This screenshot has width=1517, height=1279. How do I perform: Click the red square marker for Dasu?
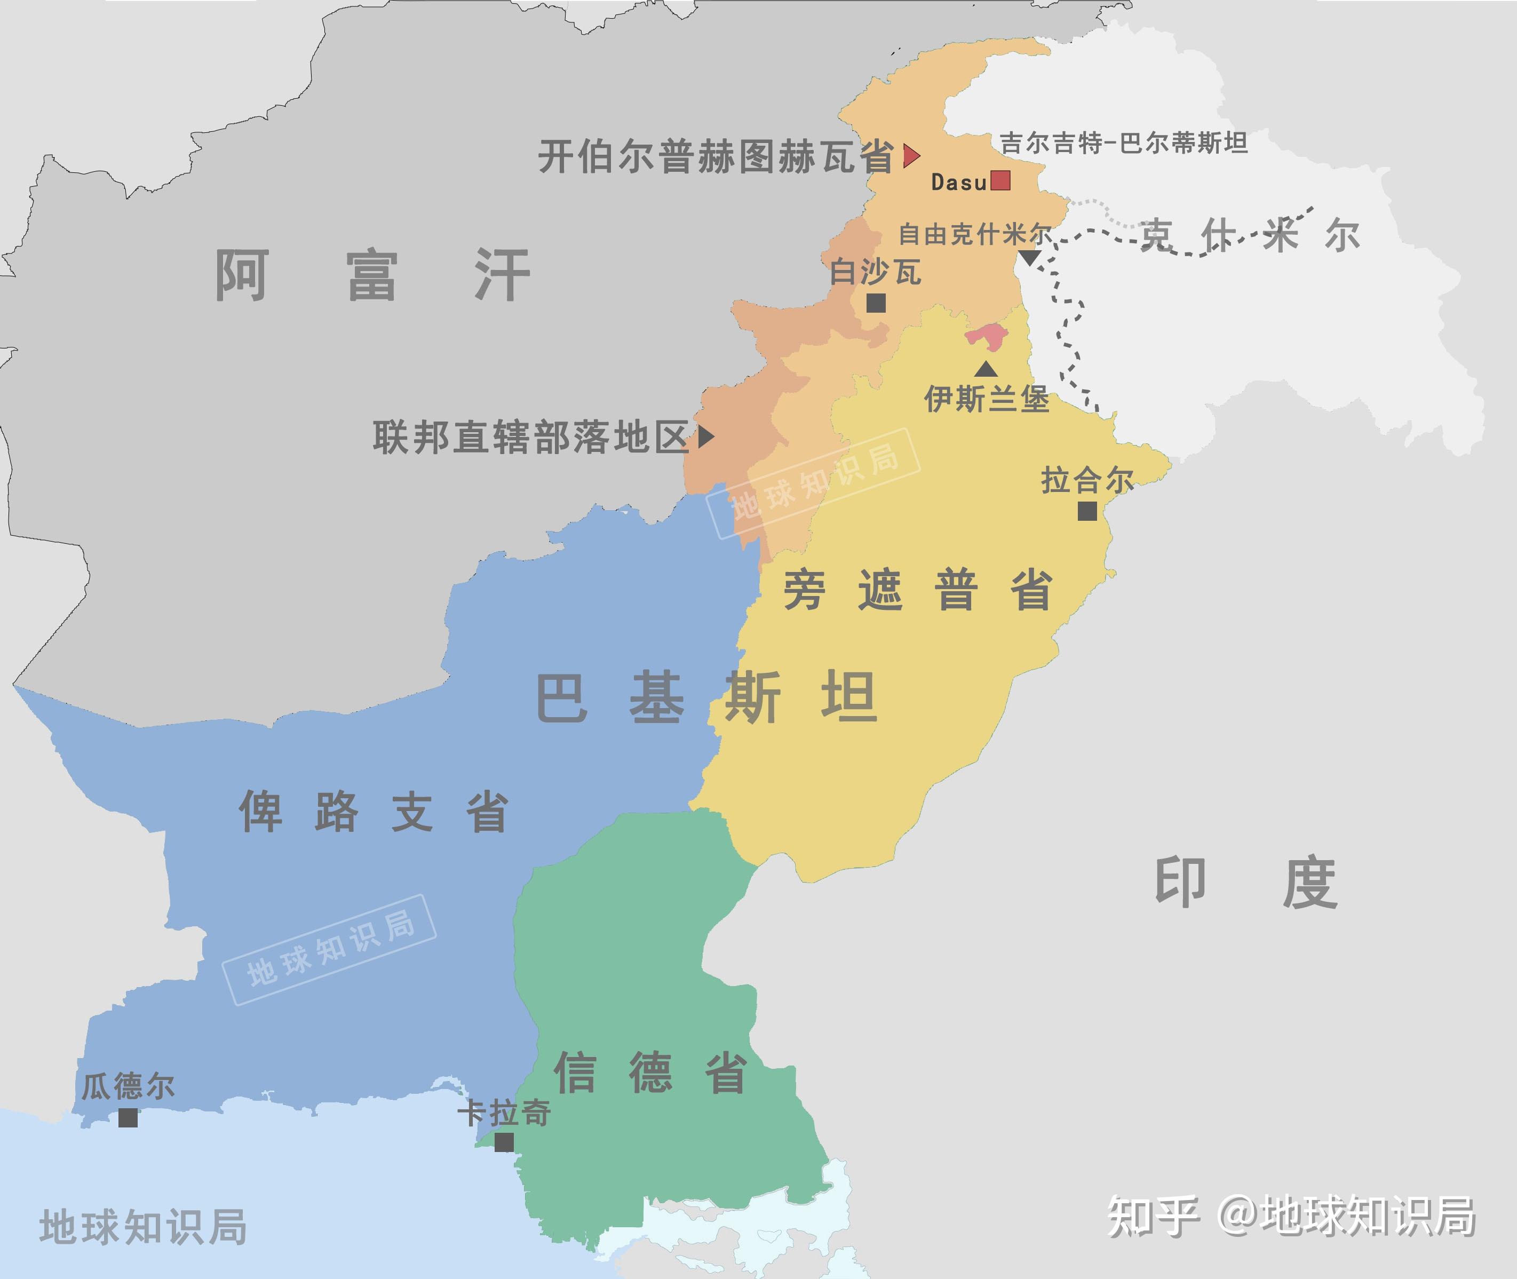click(1000, 180)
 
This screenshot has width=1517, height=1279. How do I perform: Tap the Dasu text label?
click(959, 182)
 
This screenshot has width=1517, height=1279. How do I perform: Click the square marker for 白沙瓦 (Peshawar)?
click(876, 303)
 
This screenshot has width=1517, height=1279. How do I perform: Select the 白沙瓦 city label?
click(875, 272)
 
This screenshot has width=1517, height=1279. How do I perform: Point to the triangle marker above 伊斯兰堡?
click(986, 369)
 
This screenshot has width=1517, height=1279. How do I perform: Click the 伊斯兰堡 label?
click(986, 399)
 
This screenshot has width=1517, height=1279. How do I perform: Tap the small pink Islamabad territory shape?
click(986, 337)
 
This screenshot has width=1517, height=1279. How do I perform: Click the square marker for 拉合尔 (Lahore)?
click(1087, 511)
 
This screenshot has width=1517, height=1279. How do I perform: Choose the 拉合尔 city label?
click(1087, 480)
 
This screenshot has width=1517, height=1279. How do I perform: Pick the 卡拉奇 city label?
click(504, 1113)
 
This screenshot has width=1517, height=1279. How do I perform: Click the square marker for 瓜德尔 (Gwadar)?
click(129, 1118)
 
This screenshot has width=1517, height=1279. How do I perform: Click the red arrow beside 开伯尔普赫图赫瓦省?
click(911, 155)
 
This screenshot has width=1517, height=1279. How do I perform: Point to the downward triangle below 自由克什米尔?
click(1030, 257)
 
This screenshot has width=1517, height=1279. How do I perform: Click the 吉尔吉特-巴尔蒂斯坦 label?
click(1123, 143)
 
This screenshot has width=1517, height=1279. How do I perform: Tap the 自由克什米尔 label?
click(974, 234)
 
